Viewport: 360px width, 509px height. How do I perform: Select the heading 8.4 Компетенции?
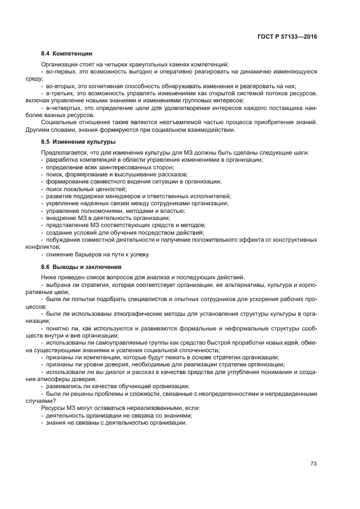(66, 54)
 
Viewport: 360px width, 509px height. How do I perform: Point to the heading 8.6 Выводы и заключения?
(81, 267)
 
